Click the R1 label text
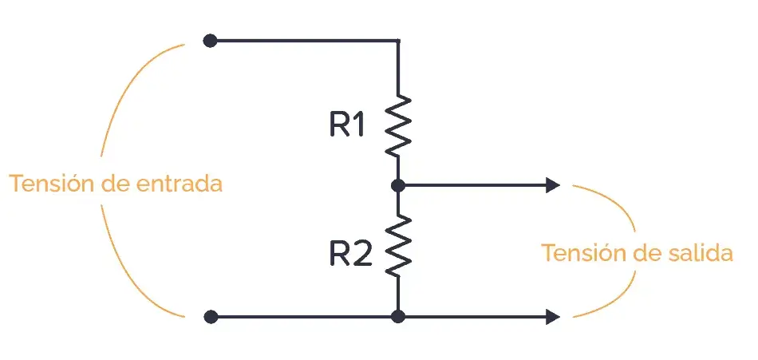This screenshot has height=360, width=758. (x=347, y=125)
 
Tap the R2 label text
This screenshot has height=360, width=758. (x=351, y=255)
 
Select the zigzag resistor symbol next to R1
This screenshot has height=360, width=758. (x=398, y=126)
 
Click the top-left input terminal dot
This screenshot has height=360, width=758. (x=210, y=41)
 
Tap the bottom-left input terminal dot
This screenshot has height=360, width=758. (x=211, y=317)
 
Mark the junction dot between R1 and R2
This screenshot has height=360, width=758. (x=398, y=185)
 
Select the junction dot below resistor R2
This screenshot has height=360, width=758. (x=398, y=317)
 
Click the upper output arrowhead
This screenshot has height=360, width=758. (x=553, y=185)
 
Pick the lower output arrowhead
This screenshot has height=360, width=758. (x=553, y=317)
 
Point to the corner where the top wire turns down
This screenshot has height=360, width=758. (x=398, y=41)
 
